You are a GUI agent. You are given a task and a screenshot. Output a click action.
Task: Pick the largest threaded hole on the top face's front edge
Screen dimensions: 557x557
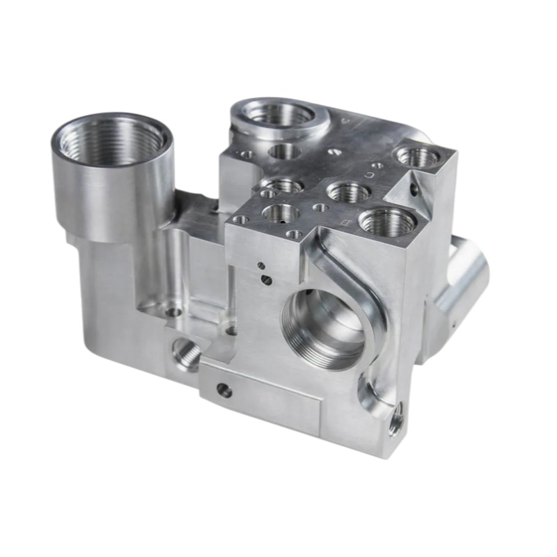coord(387,222)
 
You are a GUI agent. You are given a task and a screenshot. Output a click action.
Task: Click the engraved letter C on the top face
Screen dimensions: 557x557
coord(367,175)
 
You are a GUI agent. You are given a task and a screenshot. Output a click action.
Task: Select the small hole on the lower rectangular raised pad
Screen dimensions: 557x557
coord(224,391)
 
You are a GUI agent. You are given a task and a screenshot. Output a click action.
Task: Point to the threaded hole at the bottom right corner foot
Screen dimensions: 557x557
coord(395,421)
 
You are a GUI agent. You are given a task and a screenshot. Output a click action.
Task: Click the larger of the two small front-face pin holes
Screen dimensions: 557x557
coord(266,280)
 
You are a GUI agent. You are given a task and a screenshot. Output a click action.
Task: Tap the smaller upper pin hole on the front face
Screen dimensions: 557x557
coord(260,265)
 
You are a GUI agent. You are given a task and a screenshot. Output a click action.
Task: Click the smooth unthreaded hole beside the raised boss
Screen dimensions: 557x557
coord(284,151)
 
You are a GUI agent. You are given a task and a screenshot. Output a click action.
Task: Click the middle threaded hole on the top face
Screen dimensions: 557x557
coord(348,191)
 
